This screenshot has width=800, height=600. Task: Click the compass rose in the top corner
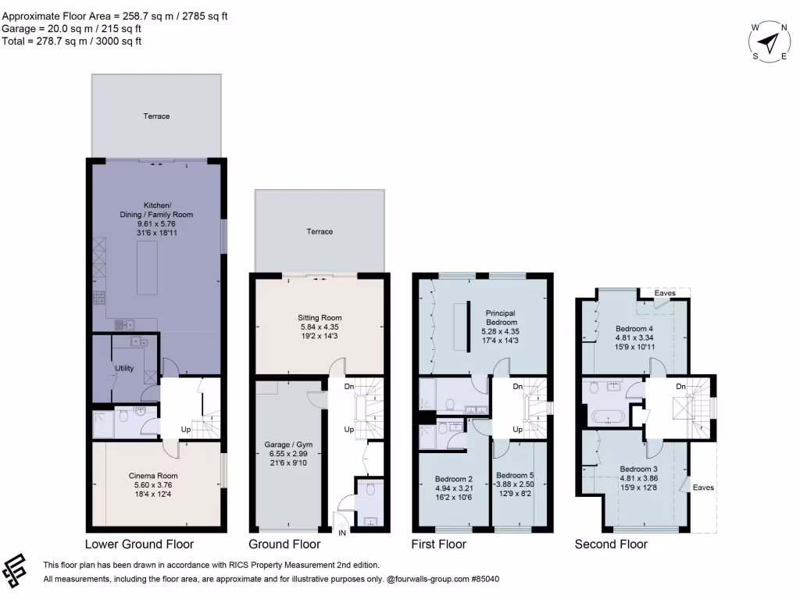(770, 41)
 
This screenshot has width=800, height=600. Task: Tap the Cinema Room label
(153, 475)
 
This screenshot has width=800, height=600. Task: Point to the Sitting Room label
(320, 318)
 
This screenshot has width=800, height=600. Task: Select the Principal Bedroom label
(501, 317)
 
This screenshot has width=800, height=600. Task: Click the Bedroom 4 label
(633, 329)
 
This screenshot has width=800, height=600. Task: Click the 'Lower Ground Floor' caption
(139, 545)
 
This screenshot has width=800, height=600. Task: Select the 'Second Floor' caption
(611, 545)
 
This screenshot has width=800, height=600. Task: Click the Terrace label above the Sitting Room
(320, 231)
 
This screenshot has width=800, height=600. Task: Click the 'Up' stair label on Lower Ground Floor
(186, 430)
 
